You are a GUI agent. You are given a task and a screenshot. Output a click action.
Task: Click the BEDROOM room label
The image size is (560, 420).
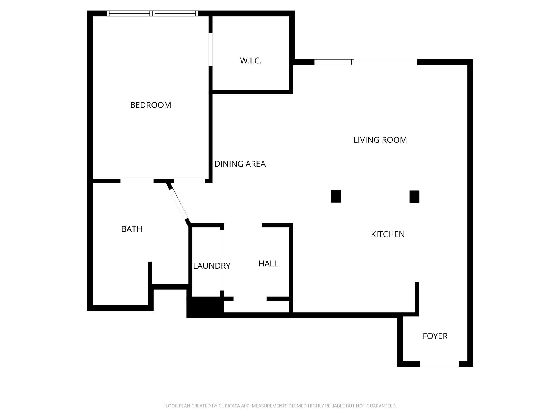coord(150,105)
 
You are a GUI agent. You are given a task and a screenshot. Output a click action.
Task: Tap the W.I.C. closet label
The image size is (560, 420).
coord(251,61)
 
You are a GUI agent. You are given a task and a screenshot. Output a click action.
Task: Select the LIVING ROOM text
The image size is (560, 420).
coord(380,140)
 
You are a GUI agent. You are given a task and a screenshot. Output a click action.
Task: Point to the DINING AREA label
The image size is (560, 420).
coord(240,164)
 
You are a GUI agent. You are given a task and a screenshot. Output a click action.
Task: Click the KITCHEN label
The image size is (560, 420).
coord(388,234)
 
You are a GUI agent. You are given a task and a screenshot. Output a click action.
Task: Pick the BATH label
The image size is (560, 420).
coord(132,229)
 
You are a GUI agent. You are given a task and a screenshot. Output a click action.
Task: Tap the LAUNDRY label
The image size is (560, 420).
coord(212,266)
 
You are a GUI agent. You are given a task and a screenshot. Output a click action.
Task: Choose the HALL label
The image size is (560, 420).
coord(268,264)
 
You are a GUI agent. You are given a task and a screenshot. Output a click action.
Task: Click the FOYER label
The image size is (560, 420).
coord(435,336)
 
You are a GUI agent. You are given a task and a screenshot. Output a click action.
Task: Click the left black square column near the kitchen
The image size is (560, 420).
coord(336,196)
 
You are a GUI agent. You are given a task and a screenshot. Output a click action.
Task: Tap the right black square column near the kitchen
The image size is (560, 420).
coord(414,197)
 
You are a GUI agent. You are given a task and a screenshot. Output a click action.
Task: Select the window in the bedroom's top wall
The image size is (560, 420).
coord(152,13)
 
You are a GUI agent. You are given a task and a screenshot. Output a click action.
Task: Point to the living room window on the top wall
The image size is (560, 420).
coord(334,62)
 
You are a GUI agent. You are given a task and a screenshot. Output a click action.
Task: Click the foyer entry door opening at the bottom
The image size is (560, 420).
coord(439,364)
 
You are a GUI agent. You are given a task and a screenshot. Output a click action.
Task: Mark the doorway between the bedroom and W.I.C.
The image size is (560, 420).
coord(211,49)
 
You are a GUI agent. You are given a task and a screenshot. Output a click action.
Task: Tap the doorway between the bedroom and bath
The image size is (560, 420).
coord(137,181)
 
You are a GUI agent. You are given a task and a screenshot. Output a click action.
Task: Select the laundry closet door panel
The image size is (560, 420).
coord(222,260)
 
